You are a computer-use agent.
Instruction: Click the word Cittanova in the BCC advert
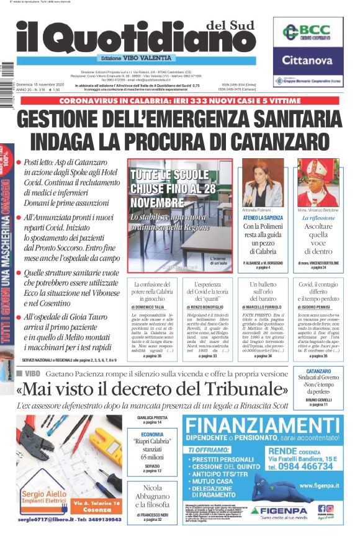click(x=308, y=61)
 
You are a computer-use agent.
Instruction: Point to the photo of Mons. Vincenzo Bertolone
click(x=318, y=185)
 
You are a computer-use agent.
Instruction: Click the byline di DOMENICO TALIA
click(x=151, y=307)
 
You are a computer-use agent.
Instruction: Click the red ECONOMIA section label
click(x=152, y=435)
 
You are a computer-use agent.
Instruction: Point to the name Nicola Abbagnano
click(x=152, y=500)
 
